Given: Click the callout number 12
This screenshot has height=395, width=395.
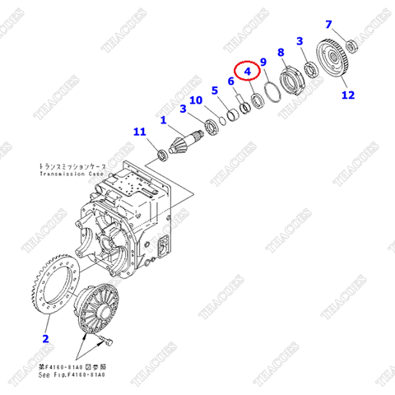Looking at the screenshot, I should (347, 95).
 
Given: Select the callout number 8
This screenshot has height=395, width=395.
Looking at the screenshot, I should (281, 53).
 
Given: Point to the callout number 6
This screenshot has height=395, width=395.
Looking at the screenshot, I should (230, 81).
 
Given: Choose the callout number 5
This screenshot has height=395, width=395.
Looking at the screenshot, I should (214, 91).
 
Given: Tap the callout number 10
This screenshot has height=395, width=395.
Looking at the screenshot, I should (195, 100).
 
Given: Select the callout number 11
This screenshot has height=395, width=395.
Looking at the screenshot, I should (140, 131).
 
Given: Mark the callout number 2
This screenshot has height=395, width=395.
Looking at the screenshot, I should (45, 338).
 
